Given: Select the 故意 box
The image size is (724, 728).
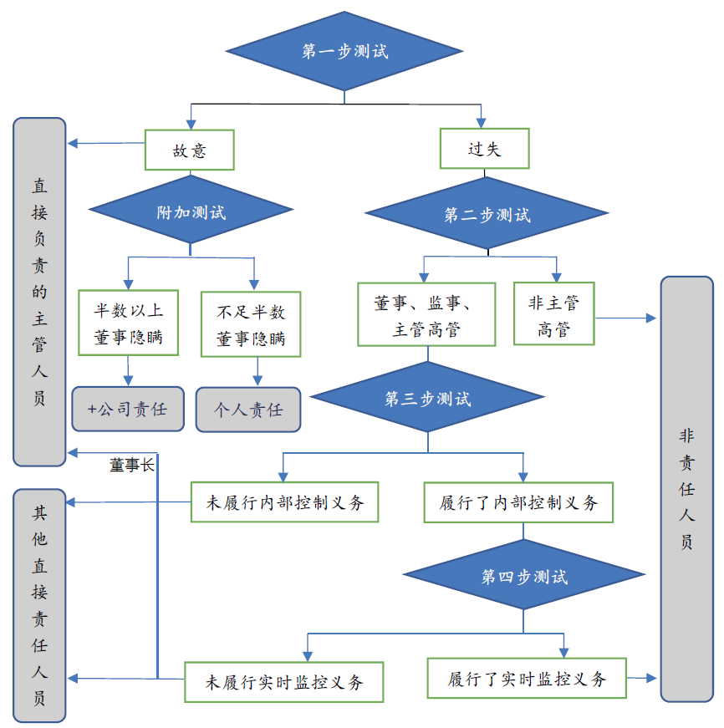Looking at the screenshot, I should tap(189, 150).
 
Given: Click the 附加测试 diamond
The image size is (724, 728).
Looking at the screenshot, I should tap(191, 211).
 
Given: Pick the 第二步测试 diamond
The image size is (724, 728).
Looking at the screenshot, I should tap(487, 215).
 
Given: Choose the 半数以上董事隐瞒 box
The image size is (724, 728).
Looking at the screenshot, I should tap(129, 324).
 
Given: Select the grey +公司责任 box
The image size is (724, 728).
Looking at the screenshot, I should tap(128, 410).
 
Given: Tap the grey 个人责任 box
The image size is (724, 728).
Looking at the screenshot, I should tap(248, 410).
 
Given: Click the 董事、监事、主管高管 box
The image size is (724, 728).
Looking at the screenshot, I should tap(426, 315).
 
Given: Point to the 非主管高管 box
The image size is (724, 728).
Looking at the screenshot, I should tap(553, 314).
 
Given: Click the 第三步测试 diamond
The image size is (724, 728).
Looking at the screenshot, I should tap(428, 399).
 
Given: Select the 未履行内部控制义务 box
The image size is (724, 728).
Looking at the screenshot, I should tap(284, 502).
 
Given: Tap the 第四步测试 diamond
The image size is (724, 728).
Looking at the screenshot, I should tap(524, 577).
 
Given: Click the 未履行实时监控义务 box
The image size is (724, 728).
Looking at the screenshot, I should tap(284, 681).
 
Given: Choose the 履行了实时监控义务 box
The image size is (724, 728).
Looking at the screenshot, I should tap(527, 678).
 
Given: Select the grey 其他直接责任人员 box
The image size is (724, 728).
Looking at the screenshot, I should tap(39, 605).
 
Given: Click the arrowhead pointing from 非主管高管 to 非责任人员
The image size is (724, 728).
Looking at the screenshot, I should tap(653, 318).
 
